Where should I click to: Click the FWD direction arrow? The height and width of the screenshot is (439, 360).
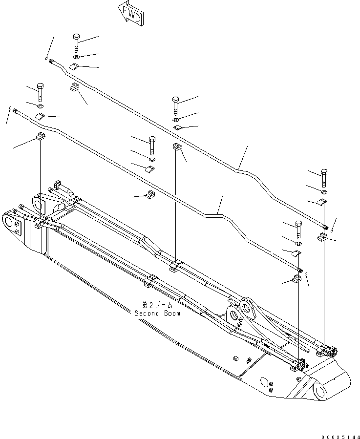tap(130, 14)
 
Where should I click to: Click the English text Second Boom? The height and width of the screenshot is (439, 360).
tap(157, 313)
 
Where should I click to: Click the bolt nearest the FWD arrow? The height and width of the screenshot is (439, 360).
tap(76, 42)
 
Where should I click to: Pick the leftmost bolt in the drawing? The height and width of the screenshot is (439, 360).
tap(40, 91)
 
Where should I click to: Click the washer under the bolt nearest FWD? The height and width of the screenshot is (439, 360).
tap(77, 58)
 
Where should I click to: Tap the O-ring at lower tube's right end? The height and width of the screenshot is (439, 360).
tap(307, 274)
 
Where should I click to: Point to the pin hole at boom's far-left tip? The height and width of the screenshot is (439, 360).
tap(8, 222)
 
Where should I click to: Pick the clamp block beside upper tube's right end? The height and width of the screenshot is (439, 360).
tap(322, 238)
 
